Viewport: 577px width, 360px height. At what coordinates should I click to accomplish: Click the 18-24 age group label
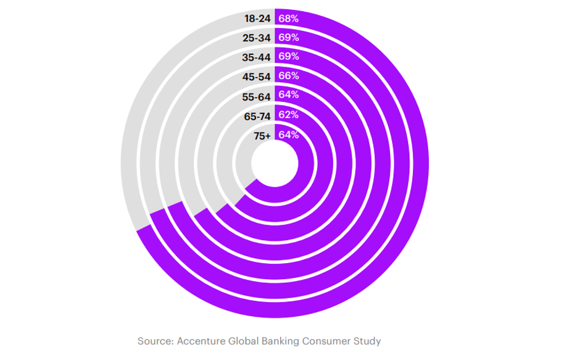click(x=258, y=19)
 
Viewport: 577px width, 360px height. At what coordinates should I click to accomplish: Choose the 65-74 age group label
click(x=258, y=115)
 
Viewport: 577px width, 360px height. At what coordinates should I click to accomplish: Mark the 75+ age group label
click(x=262, y=135)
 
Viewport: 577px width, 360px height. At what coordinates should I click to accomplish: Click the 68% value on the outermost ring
click(x=289, y=19)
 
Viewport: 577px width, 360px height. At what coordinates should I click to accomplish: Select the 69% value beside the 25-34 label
click(x=289, y=38)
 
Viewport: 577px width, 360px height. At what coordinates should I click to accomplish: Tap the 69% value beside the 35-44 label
click(x=289, y=57)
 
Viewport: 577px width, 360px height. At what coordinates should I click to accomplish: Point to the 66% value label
click(x=289, y=76)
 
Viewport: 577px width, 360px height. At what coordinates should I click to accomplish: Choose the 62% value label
click(x=289, y=115)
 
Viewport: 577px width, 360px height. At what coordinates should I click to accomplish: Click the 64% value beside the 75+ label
click(x=289, y=135)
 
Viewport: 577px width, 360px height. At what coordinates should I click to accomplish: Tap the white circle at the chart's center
click(x=275, y=164)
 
